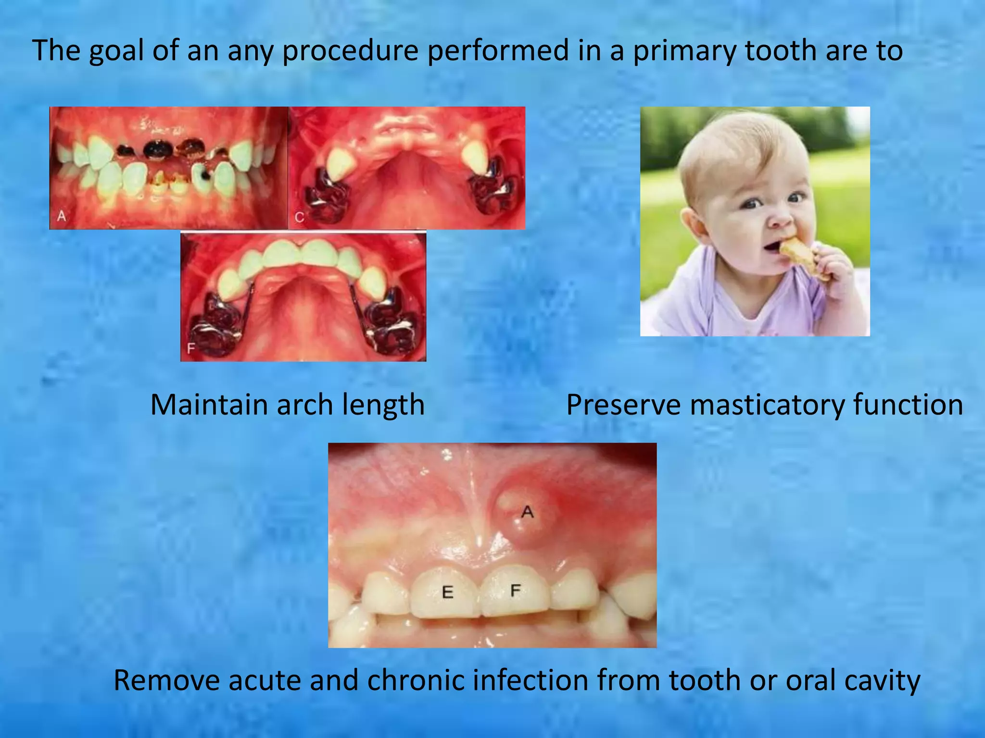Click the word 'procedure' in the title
(x=350, y=51)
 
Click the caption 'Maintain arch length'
(x=287, y=405)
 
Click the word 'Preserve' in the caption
(x=623, y=405)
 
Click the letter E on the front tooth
(x=447, y=592)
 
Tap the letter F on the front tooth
(x=516, y=590)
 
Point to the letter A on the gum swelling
(x=527, y=512)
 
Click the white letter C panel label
(x=299, y=218)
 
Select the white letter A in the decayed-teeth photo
(x=62, y=217)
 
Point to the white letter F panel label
(x=191, y=349)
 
